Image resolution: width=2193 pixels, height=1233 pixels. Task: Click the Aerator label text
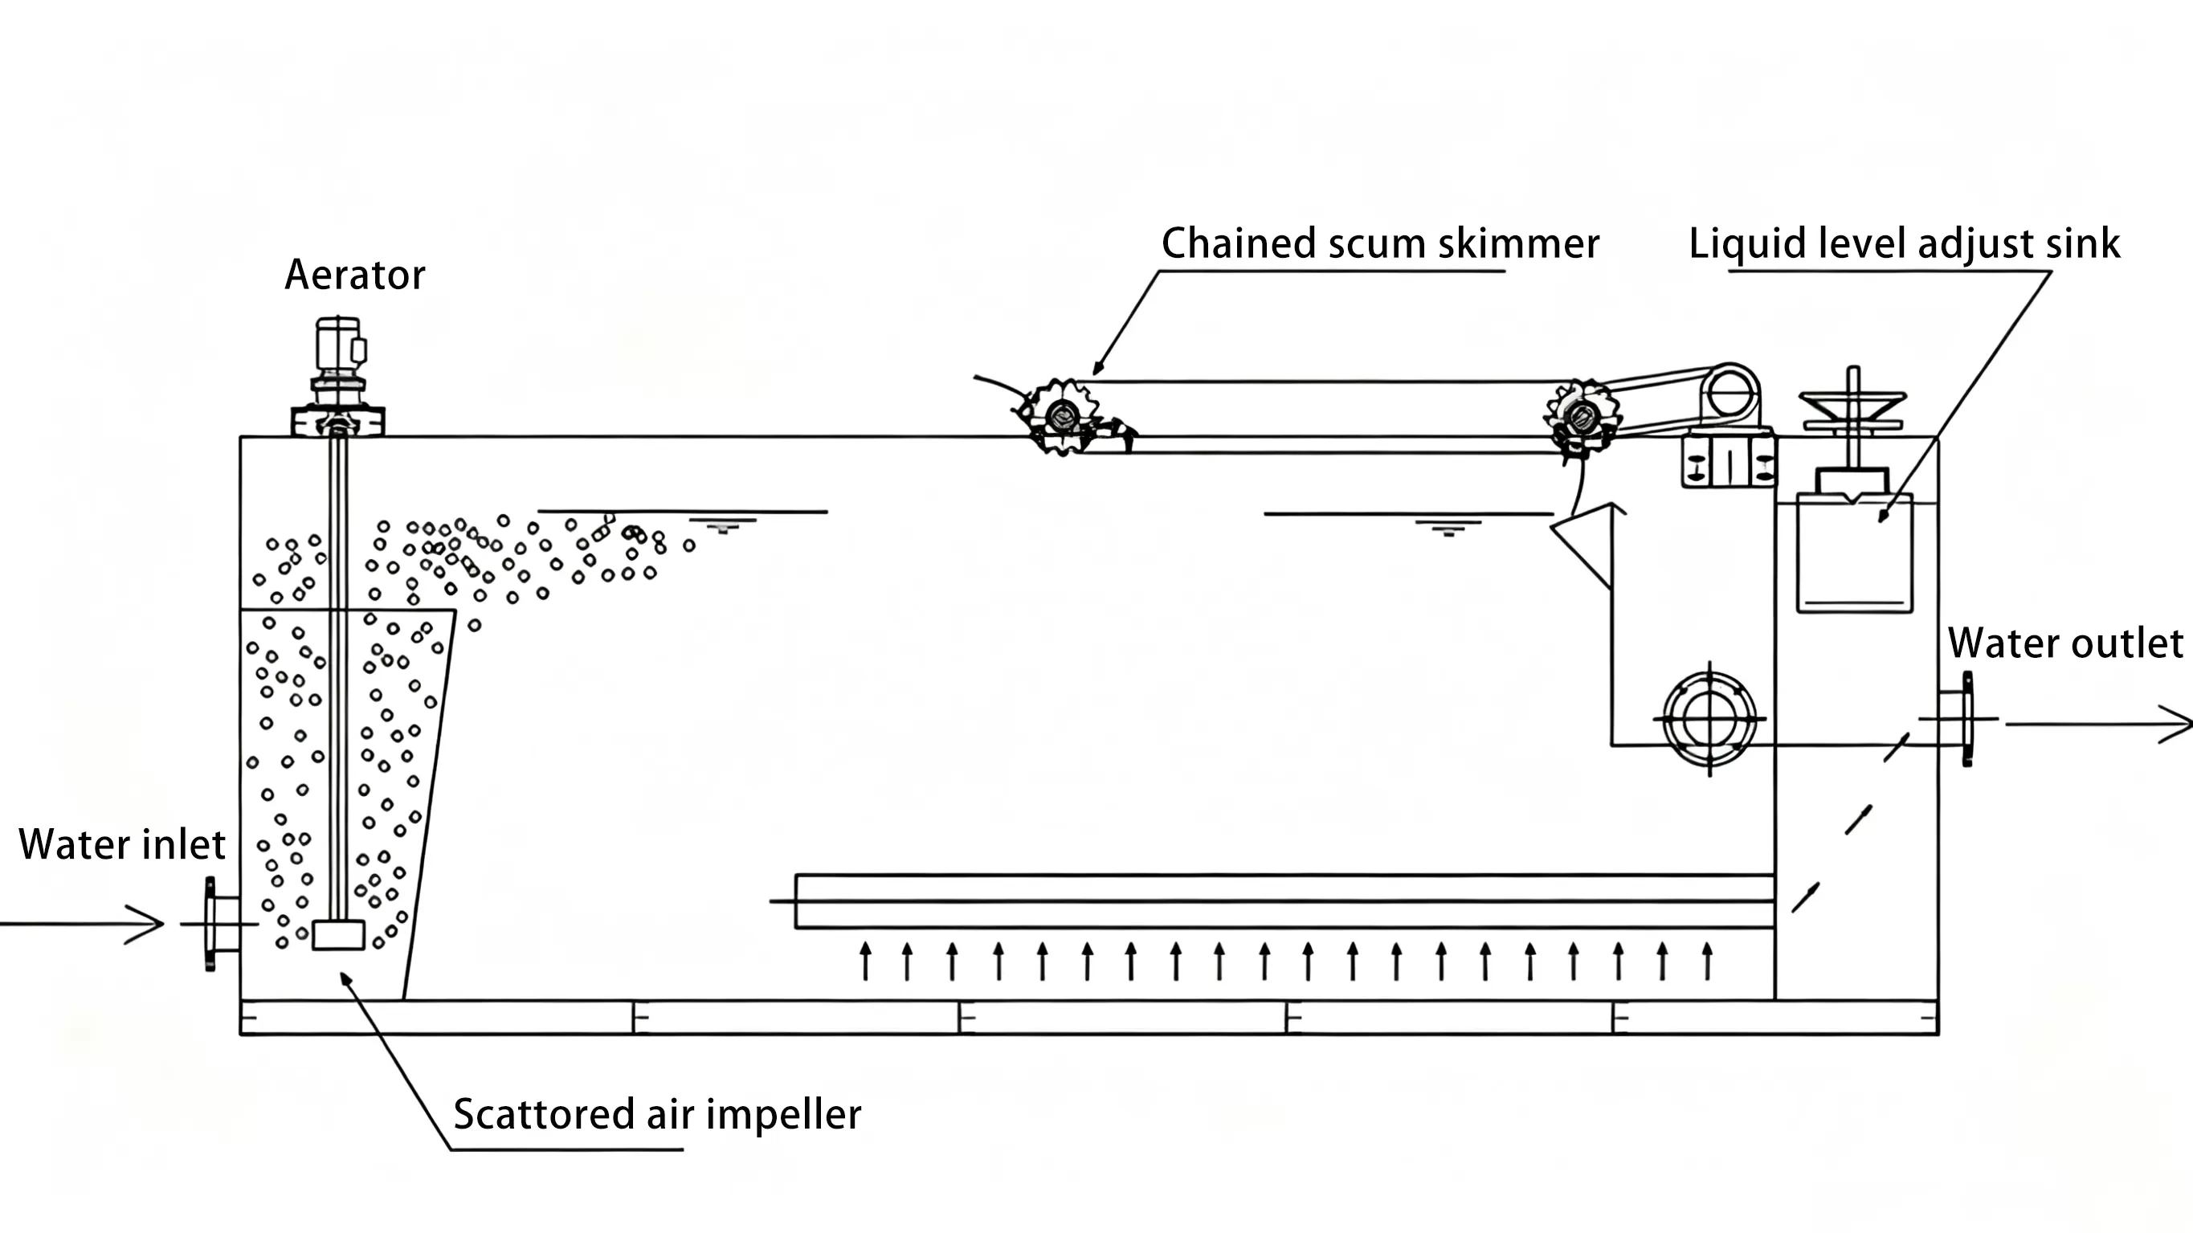point(354,275)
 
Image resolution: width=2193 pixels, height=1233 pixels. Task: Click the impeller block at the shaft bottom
point(338,935)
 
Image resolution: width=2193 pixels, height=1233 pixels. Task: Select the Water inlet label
point(122,845)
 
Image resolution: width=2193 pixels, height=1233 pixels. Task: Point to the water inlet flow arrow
point(85,924)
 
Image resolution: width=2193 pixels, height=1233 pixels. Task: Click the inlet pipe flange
point(211,924)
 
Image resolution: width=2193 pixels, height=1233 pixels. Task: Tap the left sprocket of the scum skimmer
point(1063,416)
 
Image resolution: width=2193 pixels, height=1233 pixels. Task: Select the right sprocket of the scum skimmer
point(1581,416)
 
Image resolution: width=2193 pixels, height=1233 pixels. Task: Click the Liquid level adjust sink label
point(1904,244)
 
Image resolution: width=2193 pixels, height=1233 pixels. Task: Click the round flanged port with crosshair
point(1709,719)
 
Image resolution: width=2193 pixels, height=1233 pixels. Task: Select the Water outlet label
point(2065,643)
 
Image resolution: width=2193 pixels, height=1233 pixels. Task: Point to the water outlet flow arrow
point(2098,724)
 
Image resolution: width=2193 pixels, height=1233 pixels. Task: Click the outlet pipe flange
point(1967,720)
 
